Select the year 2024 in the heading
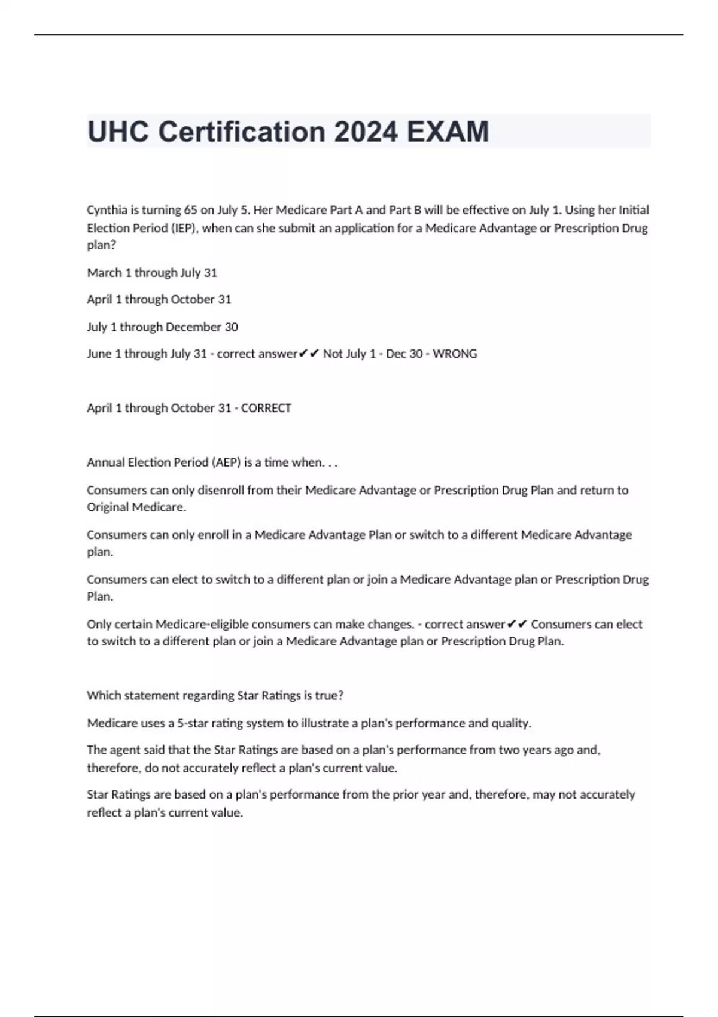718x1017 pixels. click(x=366, y=132)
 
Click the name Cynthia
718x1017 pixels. click(x=107, y=210)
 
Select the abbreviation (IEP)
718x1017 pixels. click(x=184, y=228)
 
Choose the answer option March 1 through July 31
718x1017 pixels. click(x=152, y=273)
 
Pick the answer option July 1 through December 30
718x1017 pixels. click(x=162, y=327)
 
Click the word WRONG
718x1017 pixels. click(x=455, y=354)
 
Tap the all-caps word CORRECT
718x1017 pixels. click(x=266, y=408)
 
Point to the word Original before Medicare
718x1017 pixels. click(x=108, y=507)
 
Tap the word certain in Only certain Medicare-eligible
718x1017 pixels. click(x=133, y=625)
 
